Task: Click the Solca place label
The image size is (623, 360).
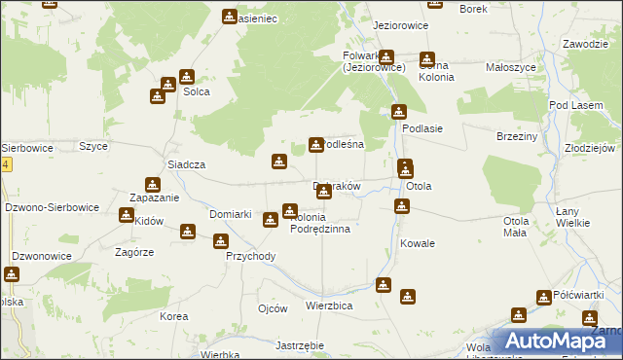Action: pyautogui.click(x=197, y=92)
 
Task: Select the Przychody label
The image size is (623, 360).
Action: pyautogui.click(x=251, y=257)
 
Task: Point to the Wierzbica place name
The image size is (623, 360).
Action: pyautogui.click(x=328, y=305)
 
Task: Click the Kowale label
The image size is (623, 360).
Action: pyautogui.click(x=417, y=243)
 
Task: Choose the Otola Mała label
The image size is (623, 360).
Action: pyautogui.click(x=516, y=227)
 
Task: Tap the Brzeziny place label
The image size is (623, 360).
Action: pyautogui.click(x=517, y=137)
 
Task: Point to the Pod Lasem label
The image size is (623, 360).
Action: pyautogui.click(x=572, y=104)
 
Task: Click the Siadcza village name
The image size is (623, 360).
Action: pyautogui.click(x=186, y=165)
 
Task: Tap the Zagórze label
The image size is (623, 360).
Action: pyautogui.click(x=133, y=251)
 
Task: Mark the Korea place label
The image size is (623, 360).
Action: pyautogui.click(x=173, y=317)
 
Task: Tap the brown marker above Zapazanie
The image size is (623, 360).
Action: pyautogui.click(x=153, y=184)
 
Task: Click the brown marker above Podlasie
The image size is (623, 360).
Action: pyautogui.click(x=398, y=112)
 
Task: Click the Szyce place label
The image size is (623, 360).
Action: pyautogui.click(x=93, y=146)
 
